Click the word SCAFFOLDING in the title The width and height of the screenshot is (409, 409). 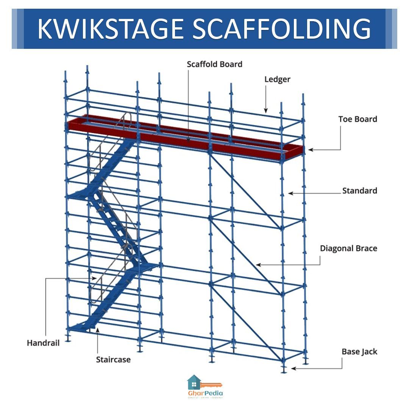tap(282, 29)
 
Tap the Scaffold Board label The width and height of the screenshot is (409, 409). tap(214, 64)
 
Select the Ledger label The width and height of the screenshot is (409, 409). tap(277, 79)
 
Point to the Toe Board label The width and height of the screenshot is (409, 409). tap(357, 119)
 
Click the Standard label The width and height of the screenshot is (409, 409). tap(359, 190)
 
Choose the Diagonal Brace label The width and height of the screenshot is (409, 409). tap(348, 248)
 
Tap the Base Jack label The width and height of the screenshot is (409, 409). tap(359, 351)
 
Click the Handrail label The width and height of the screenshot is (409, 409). tap(43, 343)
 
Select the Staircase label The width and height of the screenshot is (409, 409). tap(113, 359)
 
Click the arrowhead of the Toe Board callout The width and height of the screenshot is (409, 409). tap(310, 150)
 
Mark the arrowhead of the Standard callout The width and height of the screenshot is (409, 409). tap(290, 193)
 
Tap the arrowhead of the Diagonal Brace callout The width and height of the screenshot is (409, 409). tap(257, 265)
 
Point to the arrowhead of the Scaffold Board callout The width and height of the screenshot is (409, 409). tap(188, 141)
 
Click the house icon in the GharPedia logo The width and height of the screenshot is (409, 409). tap(194, 382)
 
